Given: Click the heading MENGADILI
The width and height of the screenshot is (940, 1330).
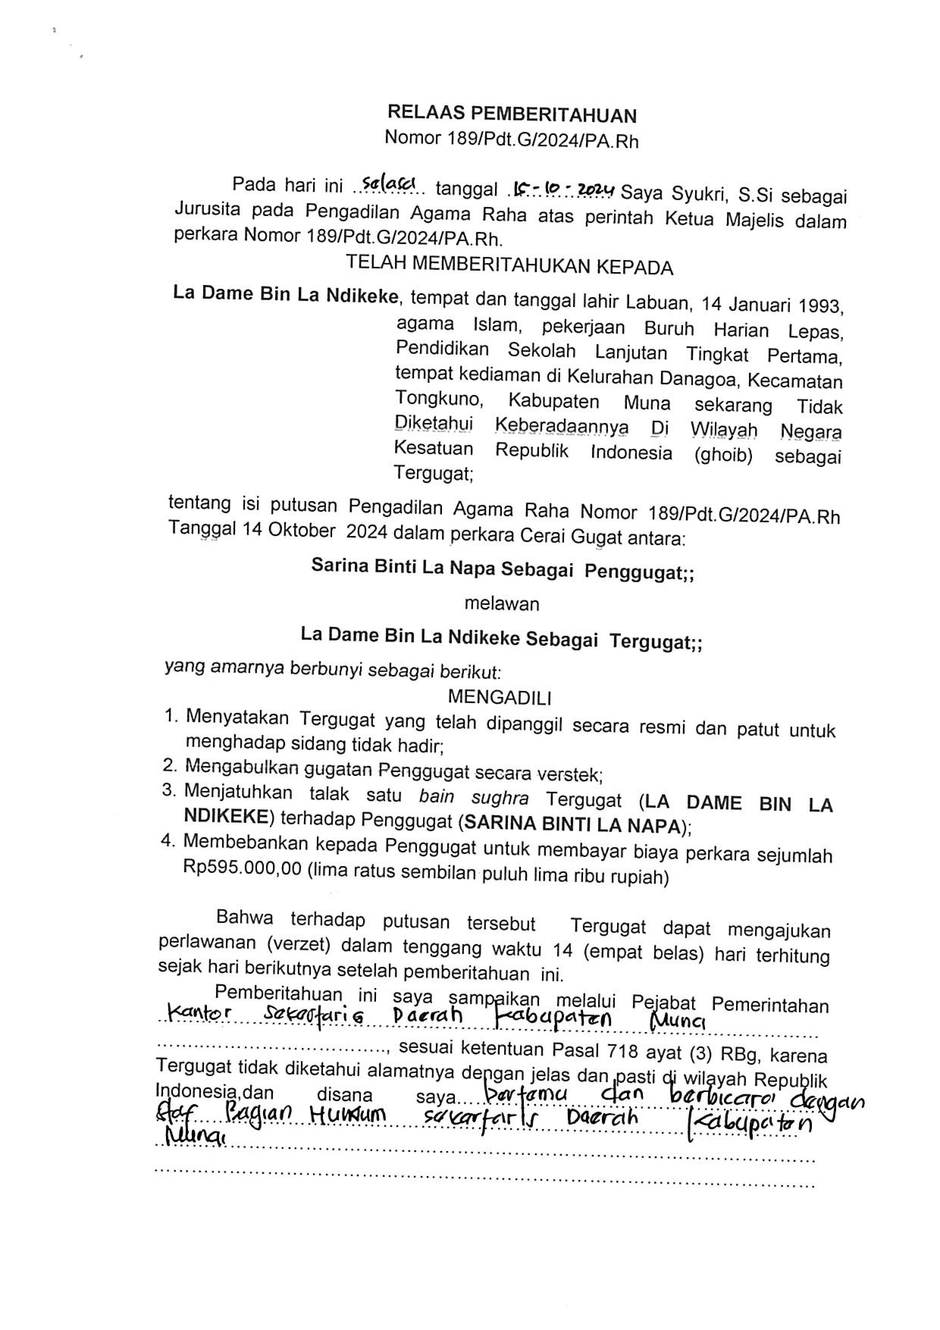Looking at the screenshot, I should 499,697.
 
